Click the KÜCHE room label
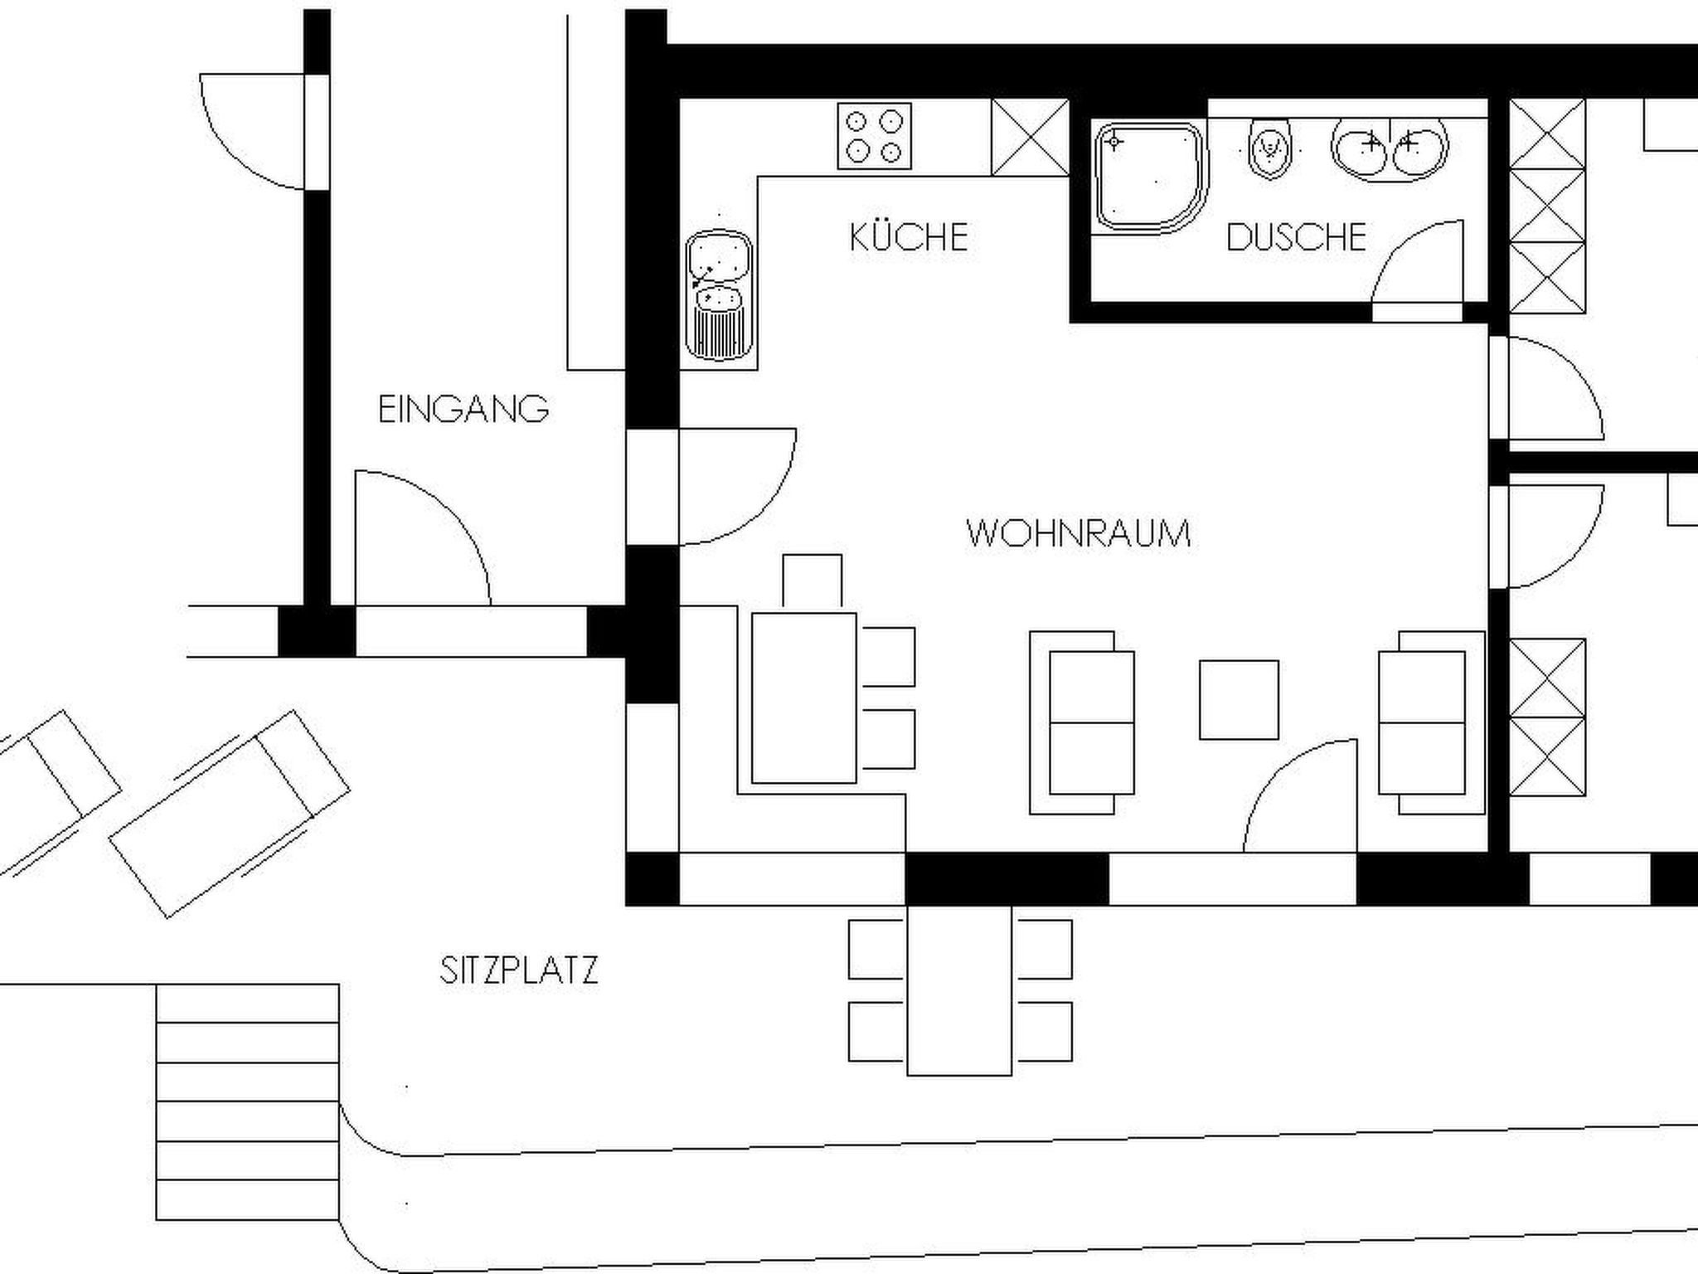pos(909,237)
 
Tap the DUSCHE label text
pos(1296,237)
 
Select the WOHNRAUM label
pos(1079,532)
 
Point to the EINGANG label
pos(463,409)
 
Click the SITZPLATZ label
pos(519,970)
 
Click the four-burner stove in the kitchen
pos(874,136)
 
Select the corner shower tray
pos(1149,177)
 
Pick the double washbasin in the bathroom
pos(1390,148)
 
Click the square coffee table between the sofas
pos(1239,699)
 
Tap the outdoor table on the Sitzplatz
pos(959,990)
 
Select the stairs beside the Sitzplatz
pos(248,1101)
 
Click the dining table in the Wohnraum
pos(803,698)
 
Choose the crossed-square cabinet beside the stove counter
pos(1031,137)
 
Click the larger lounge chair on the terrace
pos(230,814)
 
